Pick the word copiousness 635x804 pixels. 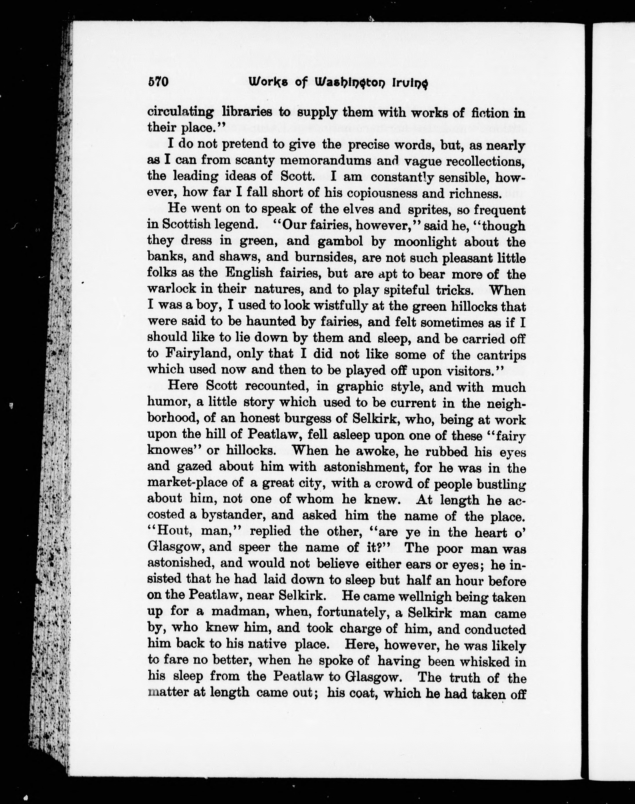389,193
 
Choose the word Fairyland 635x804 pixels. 196,354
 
